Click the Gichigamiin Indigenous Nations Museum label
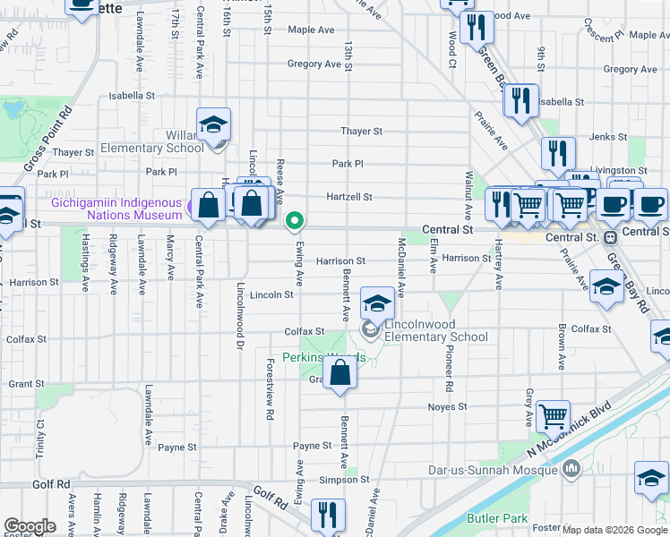click(x=116, y=209)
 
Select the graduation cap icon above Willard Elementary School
click(x=214, y=125)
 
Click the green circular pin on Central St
click(x=294, y=219)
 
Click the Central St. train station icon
click(x=610, y=237)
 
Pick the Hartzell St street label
click(x=348, y=197)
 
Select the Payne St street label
click(x=313, y=446)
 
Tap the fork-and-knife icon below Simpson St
click(x=327, y=515)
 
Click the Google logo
click(x=30, y=526)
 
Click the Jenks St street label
click(x=608, y=137)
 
